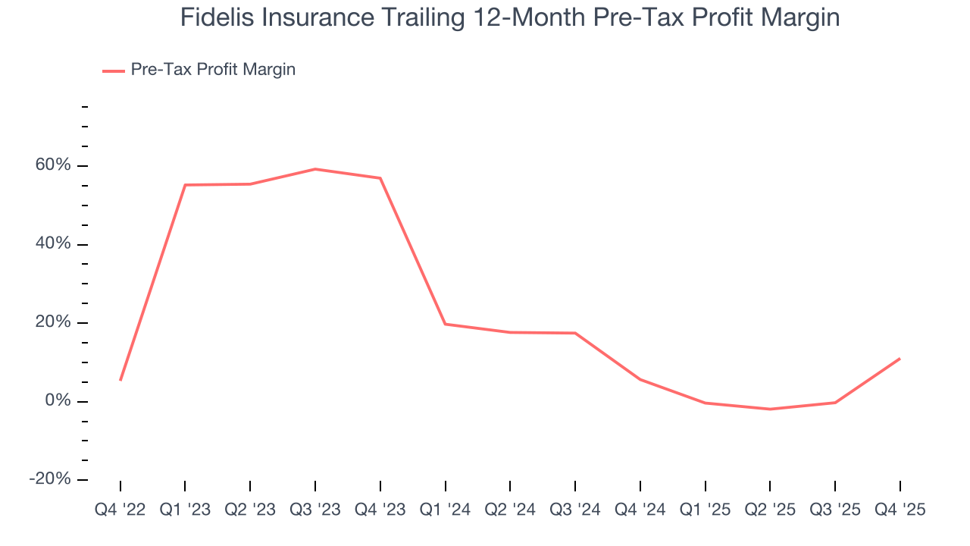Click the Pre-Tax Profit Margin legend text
[x=213, y=70]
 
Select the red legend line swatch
[x=114, y=71]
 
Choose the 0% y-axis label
[x=58, y=401]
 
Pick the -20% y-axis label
[x=50, y=479]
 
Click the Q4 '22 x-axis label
[x=120, y=510]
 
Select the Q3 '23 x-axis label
[x=315, y=510]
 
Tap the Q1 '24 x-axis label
[x=445, y=510]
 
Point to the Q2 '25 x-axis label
[x=770, y=510]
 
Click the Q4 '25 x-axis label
[x=900, y=510]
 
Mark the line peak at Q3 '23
[x=315, y=169]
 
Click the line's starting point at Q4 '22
[x=120, y=380]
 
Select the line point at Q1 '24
[x=445, y=324]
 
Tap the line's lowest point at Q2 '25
[x=770, y=409]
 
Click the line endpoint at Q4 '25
[x=900, y=359]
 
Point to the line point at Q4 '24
[x=640, y=379]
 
